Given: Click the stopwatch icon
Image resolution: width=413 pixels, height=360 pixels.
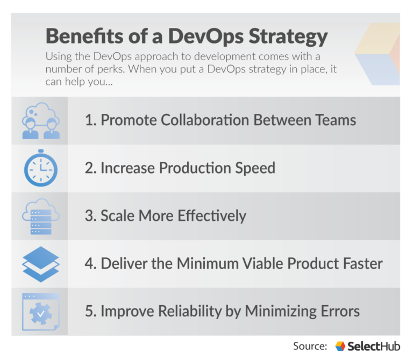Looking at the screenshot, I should (41, 168).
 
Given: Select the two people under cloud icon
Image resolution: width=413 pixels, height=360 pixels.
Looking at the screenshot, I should (41, 121).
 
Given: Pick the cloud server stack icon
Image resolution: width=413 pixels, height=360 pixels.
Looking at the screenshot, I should (41, 216).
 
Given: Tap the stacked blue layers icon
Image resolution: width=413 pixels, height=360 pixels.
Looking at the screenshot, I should (41, 264).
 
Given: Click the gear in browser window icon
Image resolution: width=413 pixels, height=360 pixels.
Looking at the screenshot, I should (41, 312).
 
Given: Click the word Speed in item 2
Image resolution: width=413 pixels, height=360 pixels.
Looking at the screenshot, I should (254, 168).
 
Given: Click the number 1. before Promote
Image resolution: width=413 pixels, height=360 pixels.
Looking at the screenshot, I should (90, 120).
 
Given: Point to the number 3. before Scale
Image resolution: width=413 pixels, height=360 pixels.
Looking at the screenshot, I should (90, 216).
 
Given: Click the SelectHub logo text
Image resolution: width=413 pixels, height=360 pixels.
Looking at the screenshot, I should (374, 346).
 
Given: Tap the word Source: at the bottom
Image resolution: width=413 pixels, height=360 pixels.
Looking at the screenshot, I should (310, 346).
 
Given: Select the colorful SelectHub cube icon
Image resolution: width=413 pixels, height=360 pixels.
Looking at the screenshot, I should (340, 346).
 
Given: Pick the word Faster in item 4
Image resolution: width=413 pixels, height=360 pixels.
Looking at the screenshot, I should (361, 264).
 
